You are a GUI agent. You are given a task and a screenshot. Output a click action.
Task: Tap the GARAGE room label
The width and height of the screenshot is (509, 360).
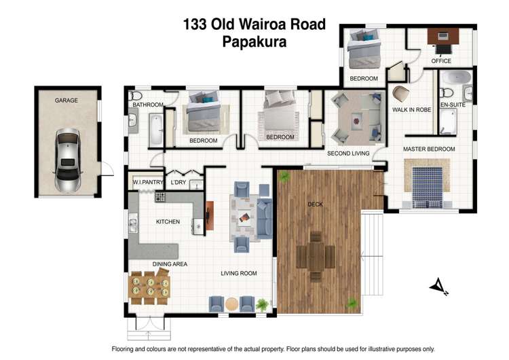point(67,101)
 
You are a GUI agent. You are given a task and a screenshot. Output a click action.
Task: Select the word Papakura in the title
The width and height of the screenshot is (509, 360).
point(254,41)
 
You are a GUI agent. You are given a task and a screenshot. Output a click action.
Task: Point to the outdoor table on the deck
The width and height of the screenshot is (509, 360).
point(316,257)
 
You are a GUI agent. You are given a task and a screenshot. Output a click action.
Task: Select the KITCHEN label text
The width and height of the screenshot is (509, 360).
point(167,222)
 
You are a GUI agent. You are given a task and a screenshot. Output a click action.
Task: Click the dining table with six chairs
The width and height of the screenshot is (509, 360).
point(149,285)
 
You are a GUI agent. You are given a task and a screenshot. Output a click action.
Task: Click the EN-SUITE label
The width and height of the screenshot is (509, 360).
point(453,106)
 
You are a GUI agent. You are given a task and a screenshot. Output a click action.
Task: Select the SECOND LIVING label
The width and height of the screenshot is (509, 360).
point(348,154)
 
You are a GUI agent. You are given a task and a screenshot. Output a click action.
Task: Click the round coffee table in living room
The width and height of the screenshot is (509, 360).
point(231,304)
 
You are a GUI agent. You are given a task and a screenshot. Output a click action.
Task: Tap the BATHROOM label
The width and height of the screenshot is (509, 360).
point(148,105)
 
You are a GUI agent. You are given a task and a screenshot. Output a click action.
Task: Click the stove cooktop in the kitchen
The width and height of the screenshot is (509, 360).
point(160,197)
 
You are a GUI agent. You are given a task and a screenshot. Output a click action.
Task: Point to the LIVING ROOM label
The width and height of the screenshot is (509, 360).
point(238,274)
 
